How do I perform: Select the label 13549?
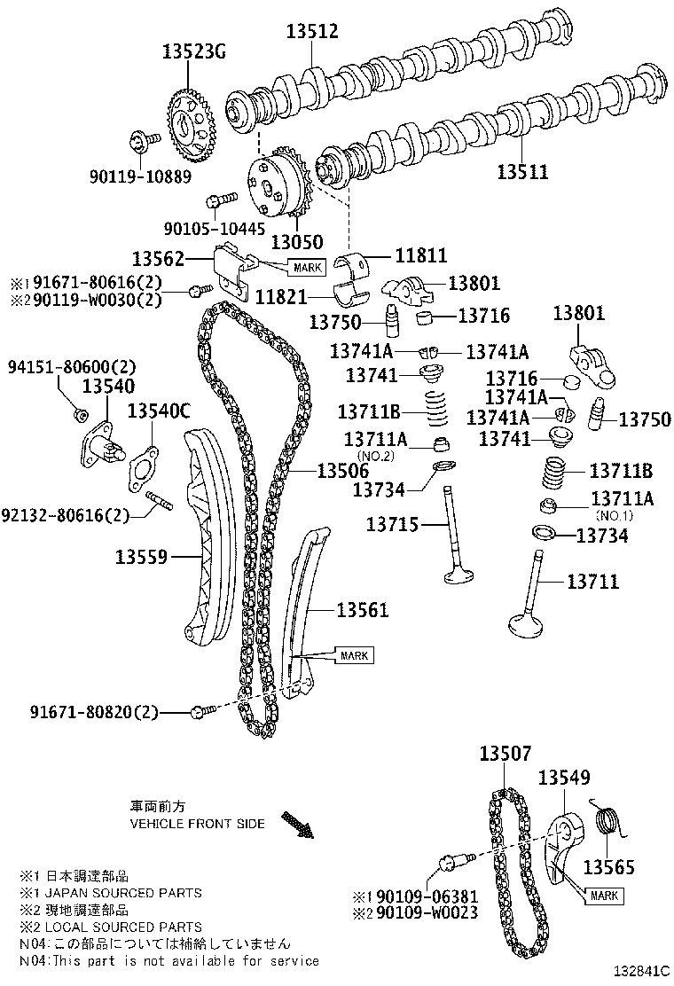coord(564,779)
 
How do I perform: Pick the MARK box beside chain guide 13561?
coord(353,655)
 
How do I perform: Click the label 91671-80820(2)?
coord(94,711)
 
